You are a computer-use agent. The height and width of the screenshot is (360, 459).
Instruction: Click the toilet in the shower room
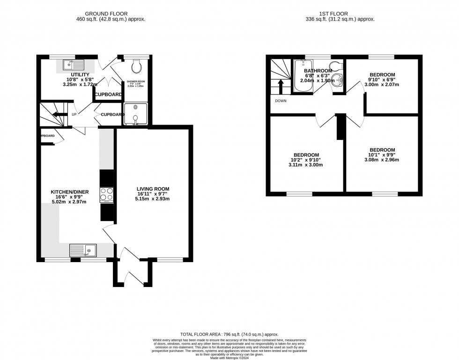[x=136, y=66]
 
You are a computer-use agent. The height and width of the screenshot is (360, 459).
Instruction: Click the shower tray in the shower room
[x=136, y=114]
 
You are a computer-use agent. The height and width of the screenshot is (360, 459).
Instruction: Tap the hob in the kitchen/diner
[x=107, y=194]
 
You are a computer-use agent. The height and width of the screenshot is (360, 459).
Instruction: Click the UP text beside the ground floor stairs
[x=74, y=114]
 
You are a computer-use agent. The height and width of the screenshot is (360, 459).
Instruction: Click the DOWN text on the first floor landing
[x=281, y=101]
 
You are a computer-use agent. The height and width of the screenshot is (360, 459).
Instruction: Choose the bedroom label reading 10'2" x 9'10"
[x=306, y=160]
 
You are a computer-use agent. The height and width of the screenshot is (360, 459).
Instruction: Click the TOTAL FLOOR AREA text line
[x=229, y=333]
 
